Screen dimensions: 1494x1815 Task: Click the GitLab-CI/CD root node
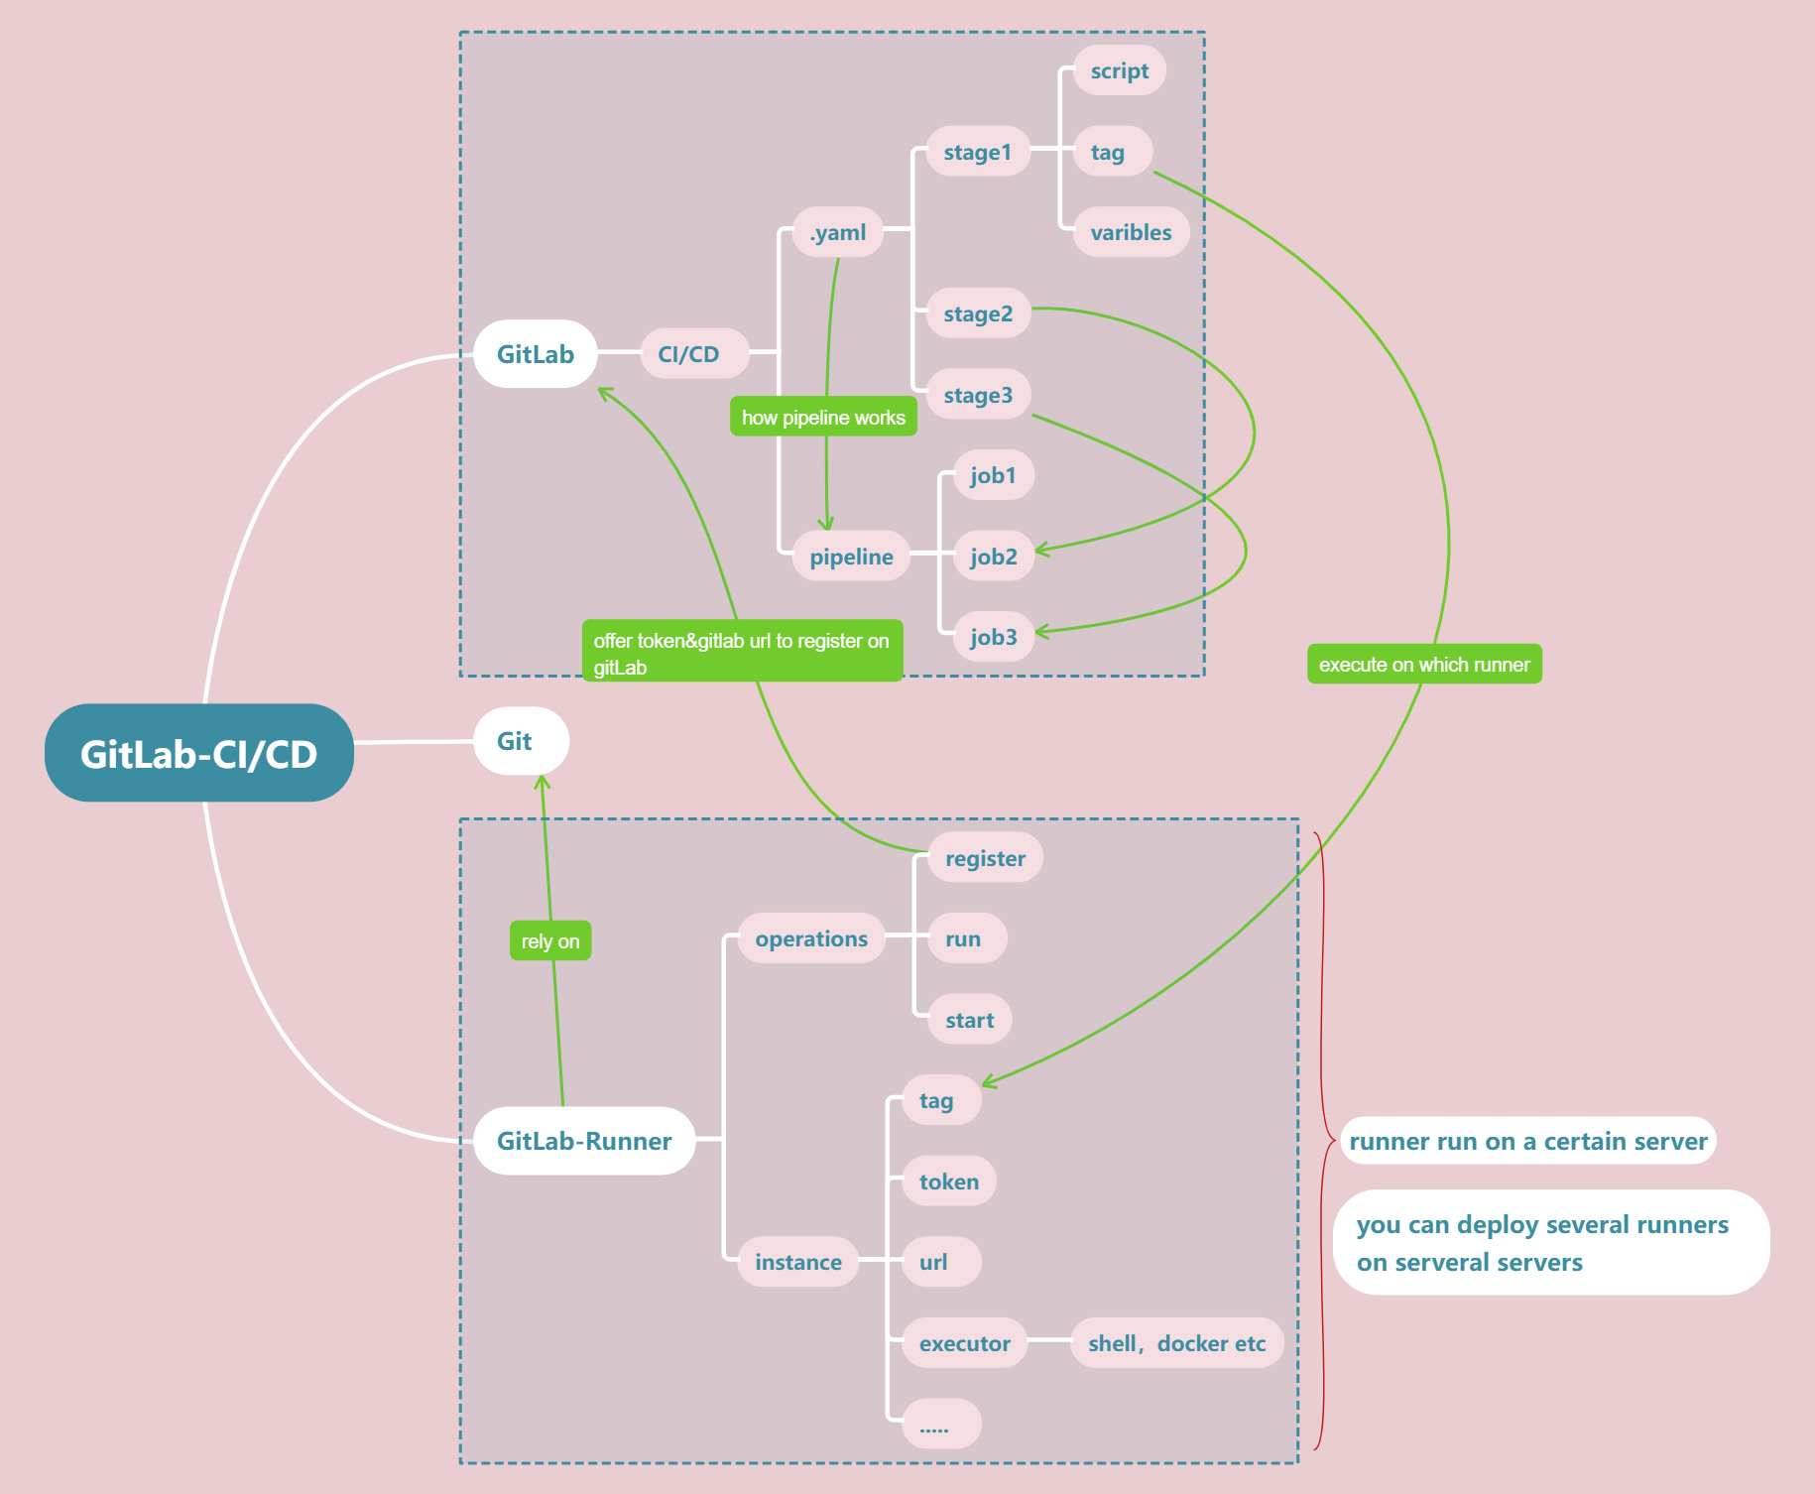coord(198,753)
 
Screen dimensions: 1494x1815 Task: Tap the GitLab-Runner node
coord(583,1141)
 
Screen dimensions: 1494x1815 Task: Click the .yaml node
coord(838,232)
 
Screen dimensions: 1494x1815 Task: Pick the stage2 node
coord(977,313)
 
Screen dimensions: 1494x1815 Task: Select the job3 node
coord(993,637)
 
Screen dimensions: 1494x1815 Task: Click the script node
coord(1119,70)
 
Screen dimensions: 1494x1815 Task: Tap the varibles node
coord(1131,232)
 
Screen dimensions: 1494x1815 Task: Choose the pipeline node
coord(851,557)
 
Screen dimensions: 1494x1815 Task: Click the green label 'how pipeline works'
coord(823,418)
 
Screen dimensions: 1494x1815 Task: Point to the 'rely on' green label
coord(550,940)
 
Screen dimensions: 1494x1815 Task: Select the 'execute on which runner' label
coord(1424,664)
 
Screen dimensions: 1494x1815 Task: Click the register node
coord(985,858)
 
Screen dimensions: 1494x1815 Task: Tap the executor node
coord(964,1343)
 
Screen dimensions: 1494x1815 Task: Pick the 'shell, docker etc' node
coord(1176,1343)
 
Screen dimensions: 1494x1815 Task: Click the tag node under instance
coord(937,1100)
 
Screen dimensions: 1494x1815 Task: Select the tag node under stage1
coord(1108,152)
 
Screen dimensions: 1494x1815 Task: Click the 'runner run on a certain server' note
coord(1527,1141)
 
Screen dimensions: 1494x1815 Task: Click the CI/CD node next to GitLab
coord(688,354)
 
